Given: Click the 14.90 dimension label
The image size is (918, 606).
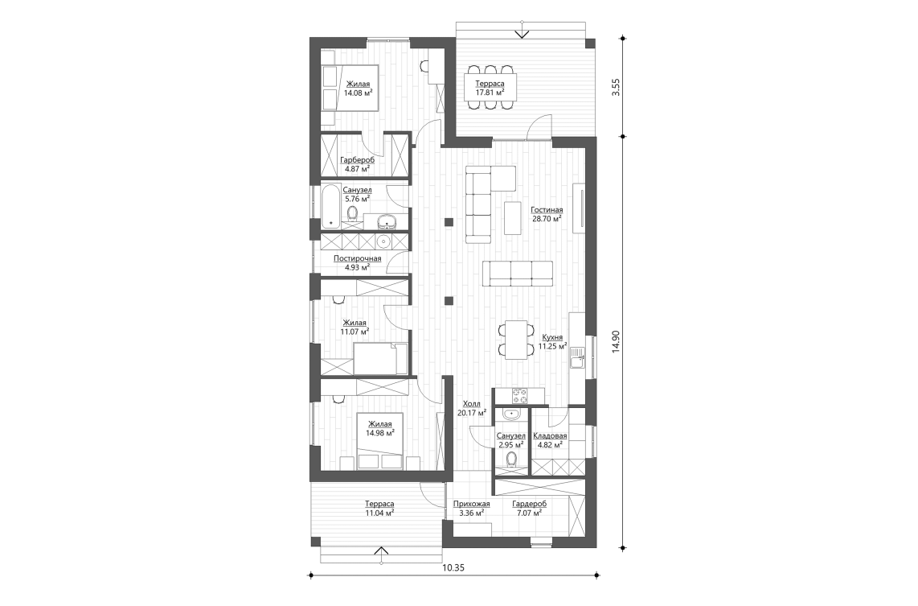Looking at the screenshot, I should click(x=616, y=341).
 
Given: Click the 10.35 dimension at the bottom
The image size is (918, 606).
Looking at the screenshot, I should click(x=453, y=567).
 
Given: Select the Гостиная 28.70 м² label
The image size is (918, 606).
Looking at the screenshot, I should click(x=547, y=213).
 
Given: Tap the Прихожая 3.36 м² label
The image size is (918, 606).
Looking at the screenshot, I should click(x=471, y=508).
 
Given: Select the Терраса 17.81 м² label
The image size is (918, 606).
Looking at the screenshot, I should click(x=490, y=88).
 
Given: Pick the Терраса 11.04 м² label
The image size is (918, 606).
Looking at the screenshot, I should click(x=379, y=508).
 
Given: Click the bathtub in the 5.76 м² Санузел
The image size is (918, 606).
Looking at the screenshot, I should click(x=331, y=205).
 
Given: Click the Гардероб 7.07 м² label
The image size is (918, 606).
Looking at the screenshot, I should click(x=530, y=508).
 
